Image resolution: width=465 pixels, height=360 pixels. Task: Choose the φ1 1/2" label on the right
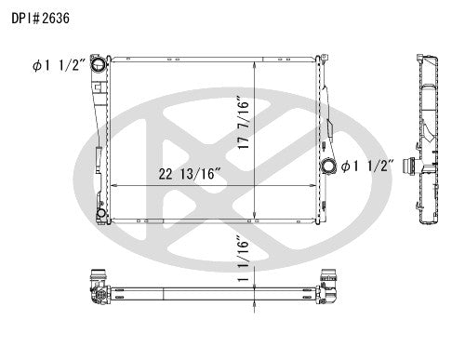click(368, 167)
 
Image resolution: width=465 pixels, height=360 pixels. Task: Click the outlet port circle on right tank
click(327, 167)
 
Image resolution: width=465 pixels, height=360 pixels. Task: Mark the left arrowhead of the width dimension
click(113, 185)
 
